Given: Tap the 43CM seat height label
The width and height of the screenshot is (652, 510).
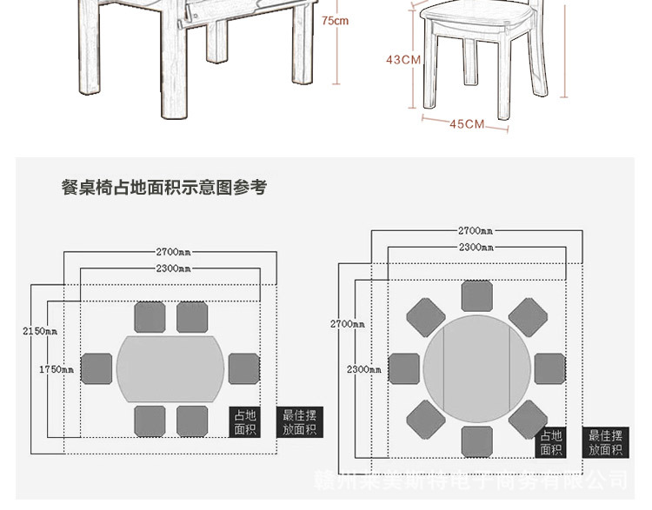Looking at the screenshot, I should coord(403,60).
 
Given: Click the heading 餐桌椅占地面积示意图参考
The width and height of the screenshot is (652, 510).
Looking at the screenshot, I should coord(164,187).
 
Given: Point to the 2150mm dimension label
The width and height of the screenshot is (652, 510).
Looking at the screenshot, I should coord(40,330).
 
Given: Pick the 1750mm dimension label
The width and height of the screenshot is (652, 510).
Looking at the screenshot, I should coord(57,369).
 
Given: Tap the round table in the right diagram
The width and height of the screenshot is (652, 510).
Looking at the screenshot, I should coord(476,368).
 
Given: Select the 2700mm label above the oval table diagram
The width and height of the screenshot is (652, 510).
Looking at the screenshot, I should coord(173,252).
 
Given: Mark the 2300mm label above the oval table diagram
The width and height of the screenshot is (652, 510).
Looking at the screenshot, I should coord(173,268).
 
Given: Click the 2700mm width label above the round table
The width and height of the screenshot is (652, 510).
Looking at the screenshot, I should coord(476,231).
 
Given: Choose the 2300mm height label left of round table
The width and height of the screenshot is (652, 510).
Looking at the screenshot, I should coord(364,369).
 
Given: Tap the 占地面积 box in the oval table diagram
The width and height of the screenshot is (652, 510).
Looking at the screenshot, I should coord(246,423).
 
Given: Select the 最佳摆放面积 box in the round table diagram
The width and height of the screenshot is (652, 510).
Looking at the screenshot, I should coord(606,442).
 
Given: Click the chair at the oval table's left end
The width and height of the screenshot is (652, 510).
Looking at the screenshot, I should coord(96,368).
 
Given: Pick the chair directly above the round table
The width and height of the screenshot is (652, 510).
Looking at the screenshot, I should coord(477,296).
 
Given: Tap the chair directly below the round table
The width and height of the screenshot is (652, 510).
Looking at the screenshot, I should coord(477,441).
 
